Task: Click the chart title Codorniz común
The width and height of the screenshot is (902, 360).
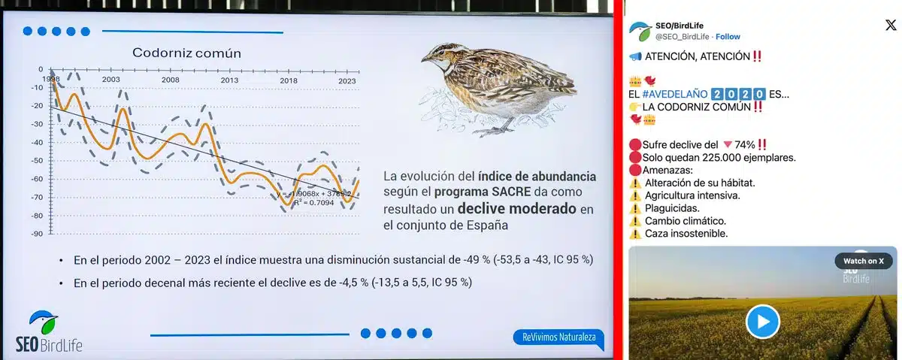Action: click(186, 53)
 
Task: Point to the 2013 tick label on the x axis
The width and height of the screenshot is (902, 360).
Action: click(229, 80)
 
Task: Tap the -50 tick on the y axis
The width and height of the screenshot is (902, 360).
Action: click(36, 160)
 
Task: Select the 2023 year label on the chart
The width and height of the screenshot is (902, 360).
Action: click(347, 80)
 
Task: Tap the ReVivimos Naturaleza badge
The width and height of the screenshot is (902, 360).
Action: click(558, 337)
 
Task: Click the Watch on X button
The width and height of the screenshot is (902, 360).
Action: click(863, 260)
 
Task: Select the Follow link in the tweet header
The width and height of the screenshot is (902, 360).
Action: click(728, 36)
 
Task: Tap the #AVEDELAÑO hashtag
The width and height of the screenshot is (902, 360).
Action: click(674, 94)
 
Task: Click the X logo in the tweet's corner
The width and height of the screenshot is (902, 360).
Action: click(890, 25)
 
